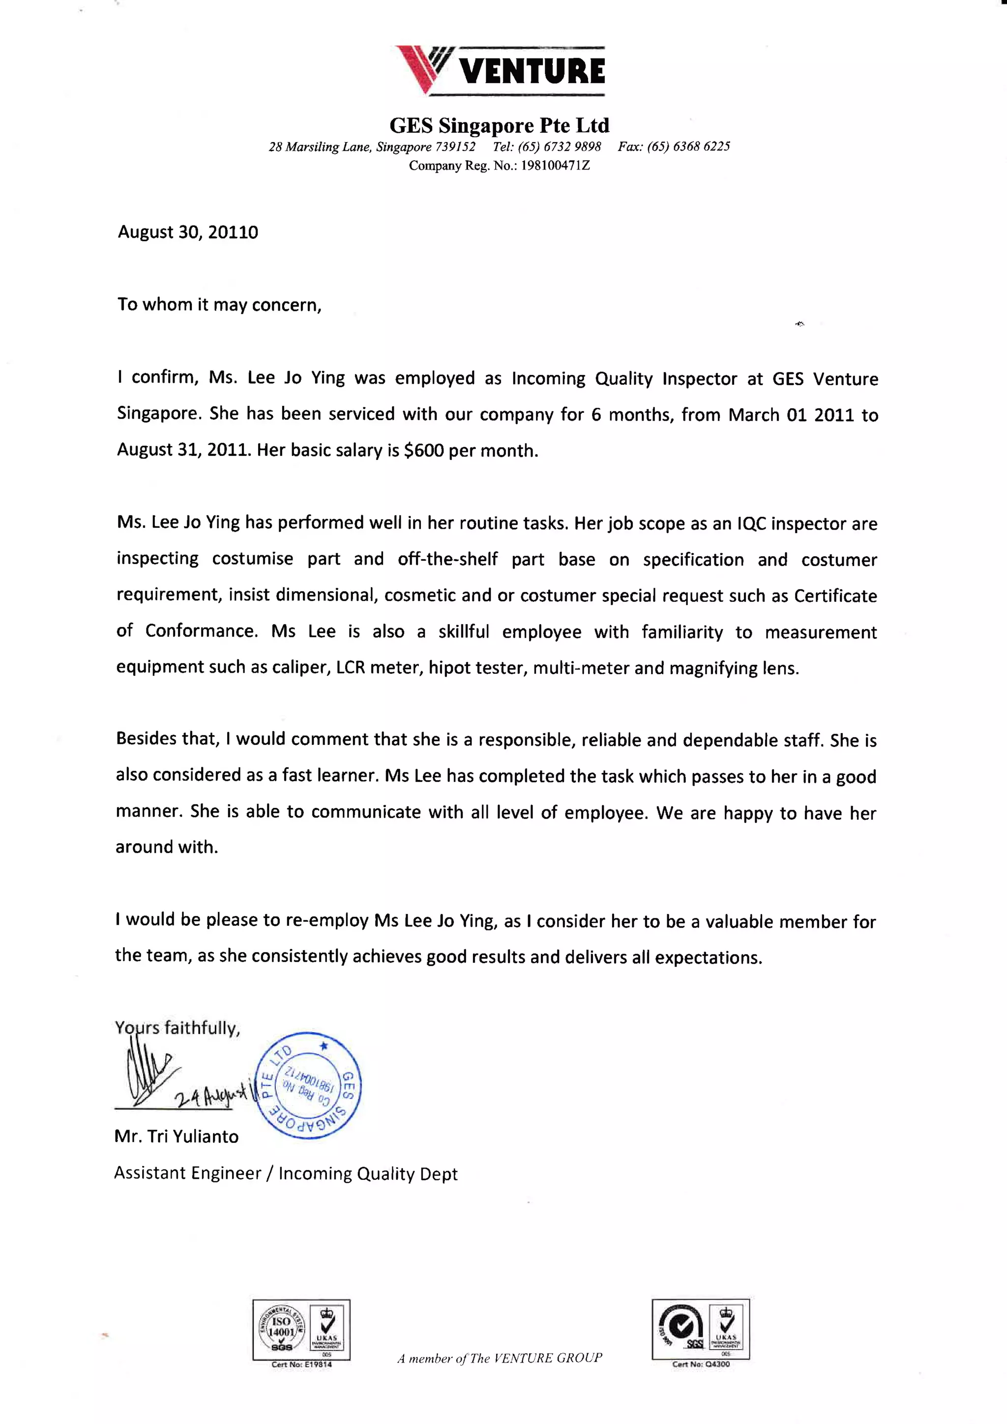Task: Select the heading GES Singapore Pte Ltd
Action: [500, 126]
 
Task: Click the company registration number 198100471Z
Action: [555, 166]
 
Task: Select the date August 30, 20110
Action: [188, 232]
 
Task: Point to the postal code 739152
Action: [455, 147]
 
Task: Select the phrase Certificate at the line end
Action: [835, 596]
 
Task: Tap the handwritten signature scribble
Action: [149, 1073]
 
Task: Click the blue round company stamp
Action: [308, 1085]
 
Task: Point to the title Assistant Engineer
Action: [187, 1173]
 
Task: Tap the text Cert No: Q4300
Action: [701, 1365]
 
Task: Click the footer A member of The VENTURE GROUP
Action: [500, 1358]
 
